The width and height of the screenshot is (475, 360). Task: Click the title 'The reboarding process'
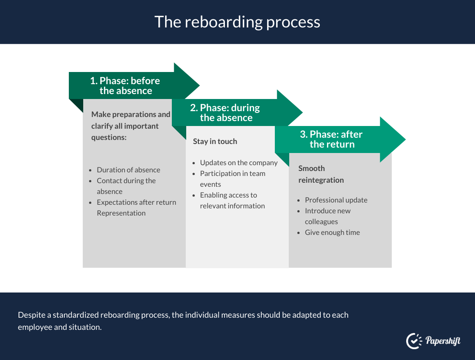click(237, 22)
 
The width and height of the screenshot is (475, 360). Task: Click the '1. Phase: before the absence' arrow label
click(125, 85)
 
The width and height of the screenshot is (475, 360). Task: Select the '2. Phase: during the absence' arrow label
click(226, 112)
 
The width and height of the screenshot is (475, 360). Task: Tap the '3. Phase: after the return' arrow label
click(332, 139)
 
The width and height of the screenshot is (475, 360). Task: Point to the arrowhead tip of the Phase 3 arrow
click(404, 139)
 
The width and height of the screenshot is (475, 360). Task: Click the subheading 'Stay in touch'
click(215, 141)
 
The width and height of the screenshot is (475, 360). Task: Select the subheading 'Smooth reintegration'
click(321, 174)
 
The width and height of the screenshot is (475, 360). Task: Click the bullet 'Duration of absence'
click(128, 170)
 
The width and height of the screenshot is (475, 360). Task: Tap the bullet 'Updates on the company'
click(238, 162)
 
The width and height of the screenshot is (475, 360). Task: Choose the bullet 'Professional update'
click(336, 200)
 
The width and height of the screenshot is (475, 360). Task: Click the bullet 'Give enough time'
click(332, 232)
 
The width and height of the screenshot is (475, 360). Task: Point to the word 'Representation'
click(121, 213)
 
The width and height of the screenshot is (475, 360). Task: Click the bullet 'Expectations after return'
click(136, 202)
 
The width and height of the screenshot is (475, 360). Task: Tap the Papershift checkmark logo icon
click(413, 341)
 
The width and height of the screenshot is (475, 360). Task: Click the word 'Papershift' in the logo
click(443, 341)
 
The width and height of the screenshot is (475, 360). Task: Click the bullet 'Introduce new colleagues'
click(327, 216)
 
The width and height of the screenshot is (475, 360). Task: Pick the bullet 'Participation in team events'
click(233, 179)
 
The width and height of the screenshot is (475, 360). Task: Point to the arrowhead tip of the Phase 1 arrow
click(198, 85)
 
